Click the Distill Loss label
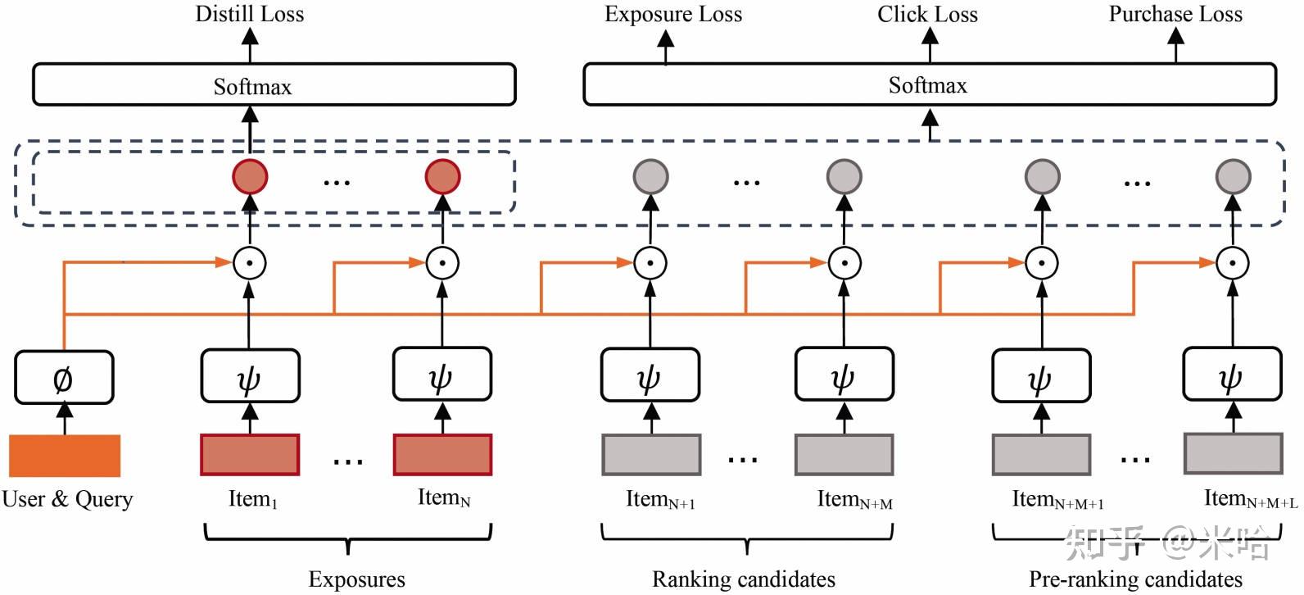[x=249, y=14]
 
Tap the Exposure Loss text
[x=672, y=14]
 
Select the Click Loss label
[x=927, y=14]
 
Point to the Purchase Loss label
[x=1175, y=14]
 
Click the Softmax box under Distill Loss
[x=274, y=85]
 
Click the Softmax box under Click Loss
[x=929, y=85]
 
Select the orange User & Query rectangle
[x=65, y=456]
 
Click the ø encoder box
[x=64, y=378]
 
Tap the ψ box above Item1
[x=250, y=375]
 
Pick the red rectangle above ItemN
[x=442, y=455]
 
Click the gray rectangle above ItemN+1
[x=651, y=455]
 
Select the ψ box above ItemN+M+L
[x=1232, y=375]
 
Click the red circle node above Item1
[x=250, y=176]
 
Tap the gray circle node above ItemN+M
[x=844, y=176]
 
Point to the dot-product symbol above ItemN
[x=442, y=263]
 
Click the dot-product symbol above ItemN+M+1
[x=1041, y=263]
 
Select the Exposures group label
[x=356, y=579]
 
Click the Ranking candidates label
[x=743, y=579]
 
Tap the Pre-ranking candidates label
[x=1135, y=579]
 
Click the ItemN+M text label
[x=854, y=499]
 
